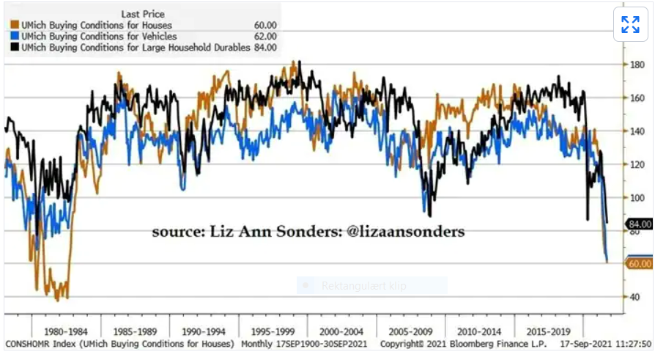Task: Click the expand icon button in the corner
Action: pos(630,25)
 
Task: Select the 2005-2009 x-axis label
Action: pos(411,331)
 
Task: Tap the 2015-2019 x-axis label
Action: pos(549,331)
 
